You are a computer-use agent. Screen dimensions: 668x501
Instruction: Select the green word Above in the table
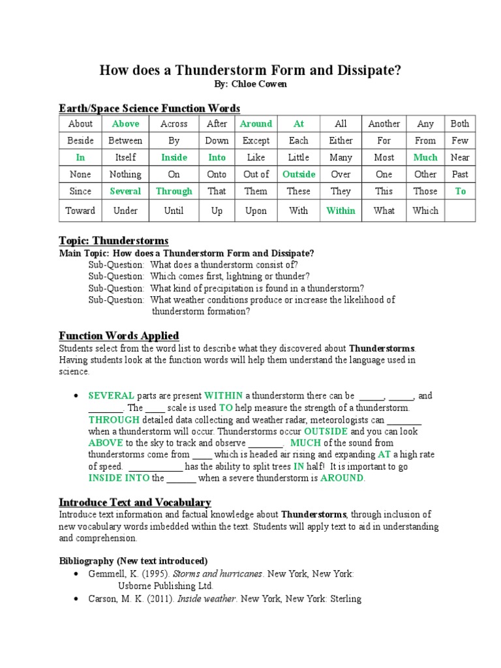tap(125, 123)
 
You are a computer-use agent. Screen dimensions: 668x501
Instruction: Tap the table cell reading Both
tap(459, 123)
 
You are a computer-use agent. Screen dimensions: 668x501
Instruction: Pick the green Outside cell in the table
tap(299, 174)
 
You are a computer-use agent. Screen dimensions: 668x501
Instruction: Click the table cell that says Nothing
tap(125, 174)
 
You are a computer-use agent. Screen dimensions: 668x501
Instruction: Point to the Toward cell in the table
tap(80, 210)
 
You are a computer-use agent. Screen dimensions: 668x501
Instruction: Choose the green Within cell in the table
tap(341, 210)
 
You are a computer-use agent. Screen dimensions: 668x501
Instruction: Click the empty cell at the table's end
tap(459, 210)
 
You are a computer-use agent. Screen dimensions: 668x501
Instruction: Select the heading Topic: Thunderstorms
tap(114, 241)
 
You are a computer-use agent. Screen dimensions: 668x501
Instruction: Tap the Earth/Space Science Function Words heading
tap(149, 108)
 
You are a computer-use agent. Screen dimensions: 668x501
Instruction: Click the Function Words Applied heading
tap(119, 336)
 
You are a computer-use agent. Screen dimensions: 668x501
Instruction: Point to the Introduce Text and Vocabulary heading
tap(135, 502)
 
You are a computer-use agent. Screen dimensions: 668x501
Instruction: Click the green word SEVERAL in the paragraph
tap(112, 396)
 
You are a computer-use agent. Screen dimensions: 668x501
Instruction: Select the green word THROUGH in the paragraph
tap(114, 419)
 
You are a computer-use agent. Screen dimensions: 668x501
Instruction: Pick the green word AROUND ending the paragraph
tap(342, 478)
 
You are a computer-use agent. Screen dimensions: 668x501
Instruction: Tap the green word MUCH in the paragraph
tap(305, 443)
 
